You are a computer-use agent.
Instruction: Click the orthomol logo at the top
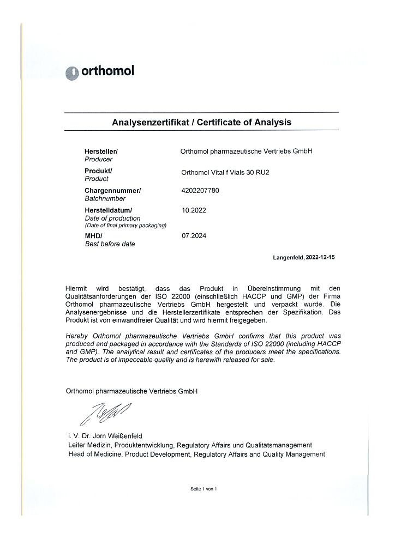[x=99, y=72]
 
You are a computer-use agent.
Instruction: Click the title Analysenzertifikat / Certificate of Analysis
[x=201, y=122]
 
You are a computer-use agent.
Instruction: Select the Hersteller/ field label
[x=101, y=151]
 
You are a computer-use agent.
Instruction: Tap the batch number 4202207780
[x=200, y=191]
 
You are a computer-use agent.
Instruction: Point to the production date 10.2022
[x=194, y=210]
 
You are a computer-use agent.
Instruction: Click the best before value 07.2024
[x=194, y=236]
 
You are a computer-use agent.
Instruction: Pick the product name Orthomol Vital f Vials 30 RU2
[x=225, y=173]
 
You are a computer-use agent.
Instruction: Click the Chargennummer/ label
[x=112, y=191]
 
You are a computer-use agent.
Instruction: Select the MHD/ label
[x=93, y=235]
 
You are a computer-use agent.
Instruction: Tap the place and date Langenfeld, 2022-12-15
[x=304, y=257]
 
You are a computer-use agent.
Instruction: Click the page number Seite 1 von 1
[x=204, y=489]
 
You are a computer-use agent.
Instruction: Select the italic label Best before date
[x=110, y=244]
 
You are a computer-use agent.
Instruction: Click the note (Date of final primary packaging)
[x=125, y=226]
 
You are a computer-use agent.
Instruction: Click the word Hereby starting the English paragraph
[x=76, y=336]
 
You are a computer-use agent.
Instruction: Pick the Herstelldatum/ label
[x=108, y=210]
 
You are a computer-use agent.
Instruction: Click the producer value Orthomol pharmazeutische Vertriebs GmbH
[x=246, y=151]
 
